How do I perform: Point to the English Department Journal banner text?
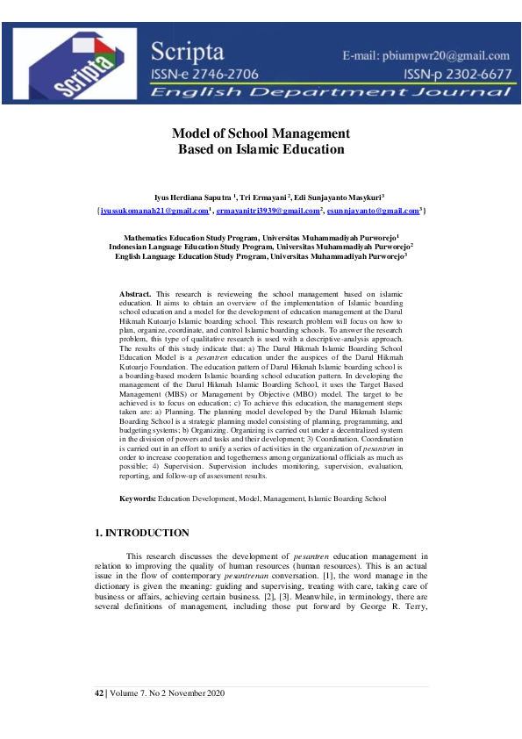[331, 90]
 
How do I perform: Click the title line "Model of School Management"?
[261, 133]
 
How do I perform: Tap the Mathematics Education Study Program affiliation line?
[261, 237]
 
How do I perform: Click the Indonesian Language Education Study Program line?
[261, 247]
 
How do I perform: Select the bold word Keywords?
[138, 499]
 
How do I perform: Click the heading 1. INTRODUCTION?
[141, 533]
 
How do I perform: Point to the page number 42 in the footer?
[98, 694]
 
